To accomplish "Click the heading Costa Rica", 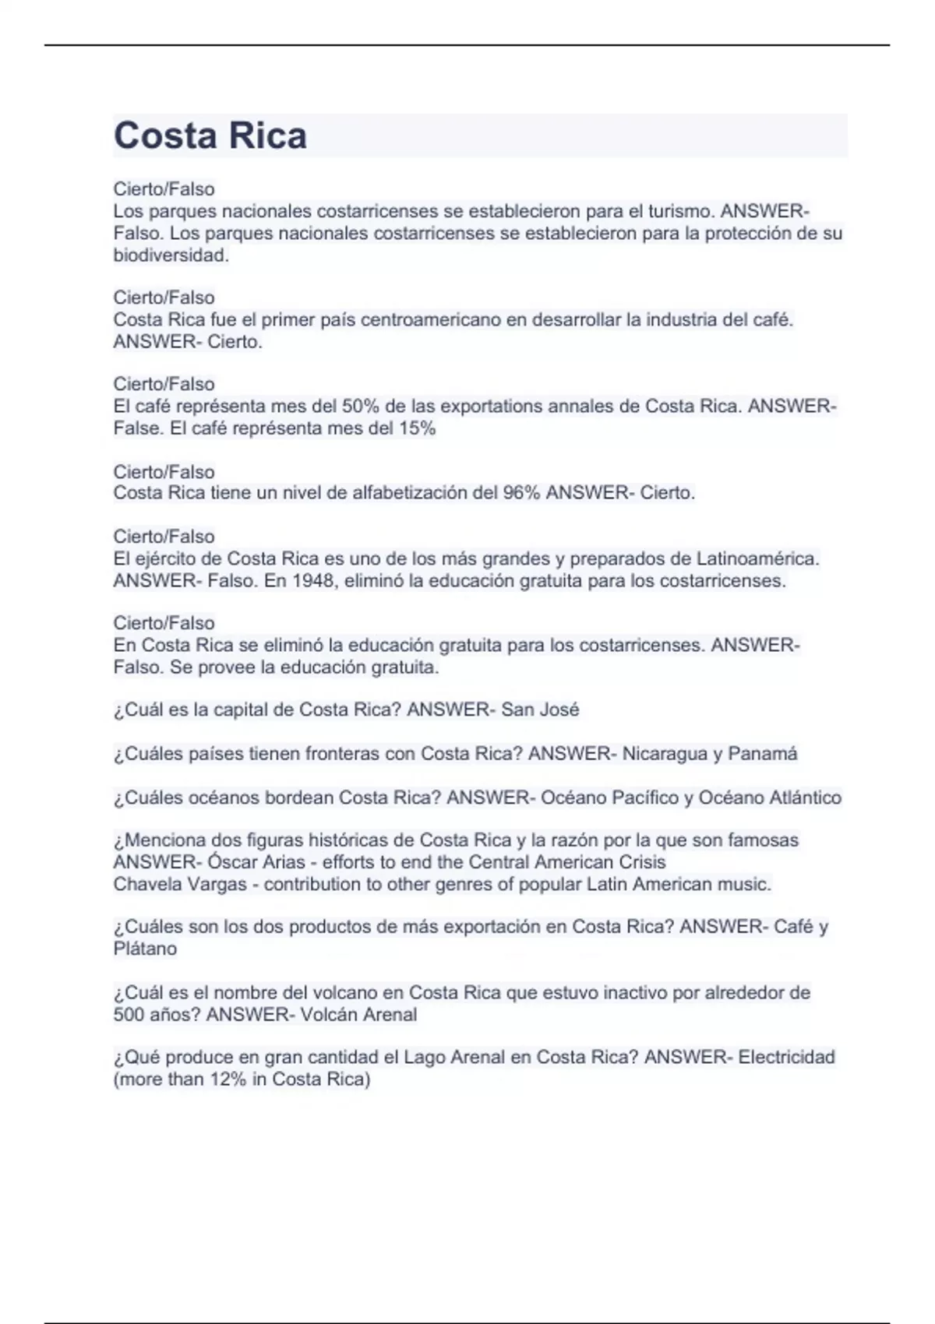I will pos(210,136).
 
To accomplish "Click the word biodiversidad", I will pos(171,255).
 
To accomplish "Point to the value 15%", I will pos(417,428).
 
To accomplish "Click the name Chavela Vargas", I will pos(180,884).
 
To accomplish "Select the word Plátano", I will pos(145,949).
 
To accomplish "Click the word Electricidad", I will pos(786,1057).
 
